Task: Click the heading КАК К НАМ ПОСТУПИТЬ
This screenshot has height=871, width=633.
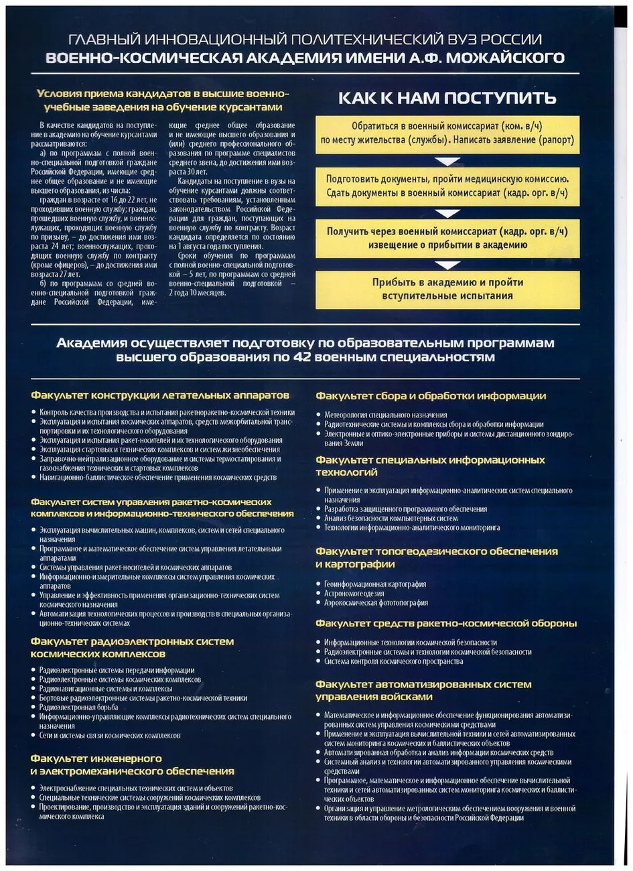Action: pyautogui.click(x=447, y=98)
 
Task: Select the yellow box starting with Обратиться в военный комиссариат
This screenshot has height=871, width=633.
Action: pyautogui.click(x=447, y=133)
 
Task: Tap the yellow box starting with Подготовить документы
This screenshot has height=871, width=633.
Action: pyautogui.click(x=447, y=186)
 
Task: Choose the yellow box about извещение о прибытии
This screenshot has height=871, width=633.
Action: pyautogui.click(x=447, y=238)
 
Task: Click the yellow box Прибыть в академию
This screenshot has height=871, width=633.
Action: pyautogui.click(x=447, y=289)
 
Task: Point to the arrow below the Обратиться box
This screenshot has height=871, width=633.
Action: pyautogui.click(x=447, y=161)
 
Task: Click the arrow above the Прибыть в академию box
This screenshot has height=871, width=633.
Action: pyautogui.click(x=447, y=265)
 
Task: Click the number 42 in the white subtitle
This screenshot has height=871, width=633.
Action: pyautogui.click(x=303, y=357)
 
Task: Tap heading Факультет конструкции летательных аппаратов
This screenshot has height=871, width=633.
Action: pyautogui.click(x=160, y=395)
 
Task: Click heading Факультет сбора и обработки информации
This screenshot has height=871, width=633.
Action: pyautogui.click(x=431, y=396)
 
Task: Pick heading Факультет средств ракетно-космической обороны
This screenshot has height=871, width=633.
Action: pyautogui.click(x=446, y=623)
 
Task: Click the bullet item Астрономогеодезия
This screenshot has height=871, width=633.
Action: pyautogui.click(x=354, y=594)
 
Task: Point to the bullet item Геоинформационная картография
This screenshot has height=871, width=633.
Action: pyautogui.click(x=375, y=584)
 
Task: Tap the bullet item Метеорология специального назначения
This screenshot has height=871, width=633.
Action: pyautogui.click(x=385, y=415)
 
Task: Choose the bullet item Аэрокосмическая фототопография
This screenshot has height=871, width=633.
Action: pyautogui.click(x=376, y=603)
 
